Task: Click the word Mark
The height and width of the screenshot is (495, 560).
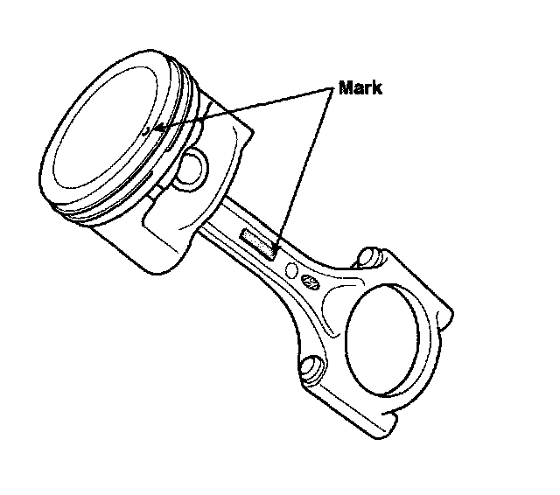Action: tap(359, 89)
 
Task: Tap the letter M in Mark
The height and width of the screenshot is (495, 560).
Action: tap(346, 89)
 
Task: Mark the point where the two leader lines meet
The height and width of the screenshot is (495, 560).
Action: tap(333, 90)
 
